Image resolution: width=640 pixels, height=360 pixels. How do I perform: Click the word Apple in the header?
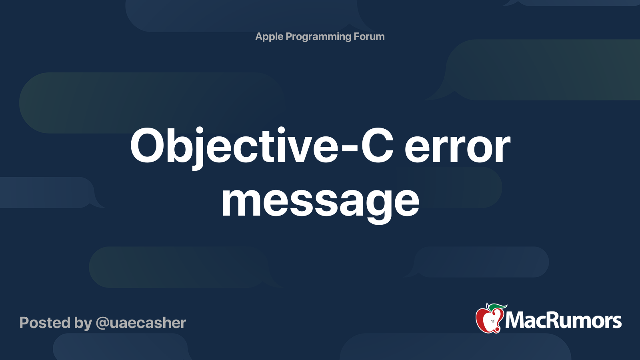click(269, 37)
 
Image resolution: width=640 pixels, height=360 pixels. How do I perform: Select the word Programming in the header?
click(318, 37)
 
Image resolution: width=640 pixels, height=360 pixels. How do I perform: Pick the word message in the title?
click(320, 201)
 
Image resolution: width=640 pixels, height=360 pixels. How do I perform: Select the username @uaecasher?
click(141, 323)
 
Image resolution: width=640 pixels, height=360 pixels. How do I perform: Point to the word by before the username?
click(83, 323)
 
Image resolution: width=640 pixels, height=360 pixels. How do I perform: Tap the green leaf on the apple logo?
click(497, 307)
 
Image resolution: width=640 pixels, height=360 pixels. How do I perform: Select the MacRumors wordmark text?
click(563, 321)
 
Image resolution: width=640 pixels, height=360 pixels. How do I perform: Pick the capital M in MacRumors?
click(515, 321)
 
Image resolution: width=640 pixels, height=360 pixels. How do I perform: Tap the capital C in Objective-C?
click(377, 146)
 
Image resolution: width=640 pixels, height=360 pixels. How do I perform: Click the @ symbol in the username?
click(102, 323)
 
